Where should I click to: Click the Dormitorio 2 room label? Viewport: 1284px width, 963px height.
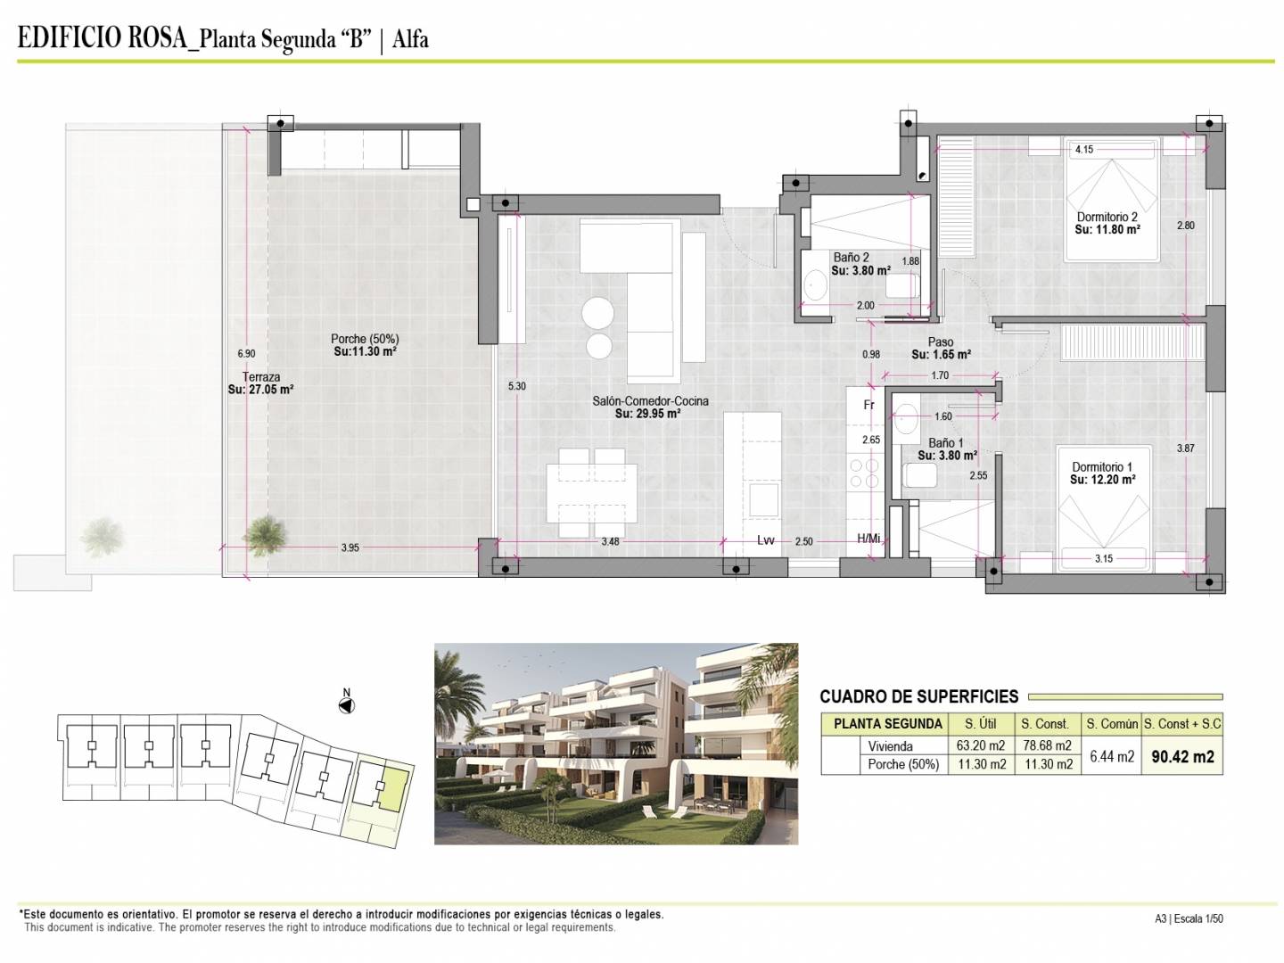point(1107,217)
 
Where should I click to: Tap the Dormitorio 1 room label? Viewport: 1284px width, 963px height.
point(1102,466)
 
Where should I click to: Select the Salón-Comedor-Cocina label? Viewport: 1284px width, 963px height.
point(650,401)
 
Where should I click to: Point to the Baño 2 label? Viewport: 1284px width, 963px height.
point(852,258)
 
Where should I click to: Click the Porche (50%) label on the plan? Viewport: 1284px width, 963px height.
point(365,339)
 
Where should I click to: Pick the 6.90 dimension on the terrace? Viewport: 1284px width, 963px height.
point(246,354)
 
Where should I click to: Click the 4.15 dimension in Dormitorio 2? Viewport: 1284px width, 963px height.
point(1084,150)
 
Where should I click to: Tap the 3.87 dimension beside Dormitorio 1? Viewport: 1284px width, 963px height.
point(1185,449)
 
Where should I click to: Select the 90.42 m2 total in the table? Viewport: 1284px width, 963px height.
point(1183,757)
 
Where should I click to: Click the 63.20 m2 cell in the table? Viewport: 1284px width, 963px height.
point(981,745)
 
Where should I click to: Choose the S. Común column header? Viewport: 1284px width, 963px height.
point(1112,724)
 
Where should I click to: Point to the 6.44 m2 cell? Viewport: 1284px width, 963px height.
point(1111,757)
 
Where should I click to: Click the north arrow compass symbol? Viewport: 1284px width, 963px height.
point(346,705)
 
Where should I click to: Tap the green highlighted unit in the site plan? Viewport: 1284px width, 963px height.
point(392,789)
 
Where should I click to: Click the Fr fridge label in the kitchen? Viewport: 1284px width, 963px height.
point(868,405)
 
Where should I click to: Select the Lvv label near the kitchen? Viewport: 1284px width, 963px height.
point(766,540)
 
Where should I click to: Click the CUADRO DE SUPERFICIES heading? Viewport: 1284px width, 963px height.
point(919,696)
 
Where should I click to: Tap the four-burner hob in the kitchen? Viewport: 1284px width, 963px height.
point(864,473)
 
